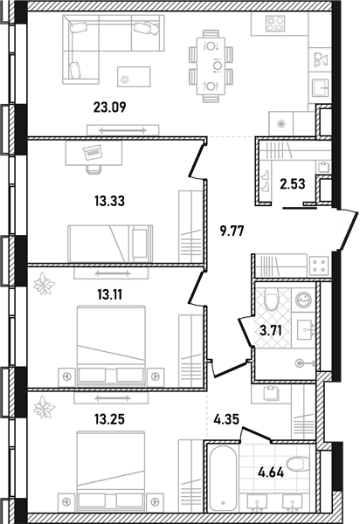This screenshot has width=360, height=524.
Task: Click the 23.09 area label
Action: (x=109, y=107)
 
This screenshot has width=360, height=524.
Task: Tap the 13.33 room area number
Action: (x=109, y=201)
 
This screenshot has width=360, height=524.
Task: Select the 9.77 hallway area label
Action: (x=232, y=231)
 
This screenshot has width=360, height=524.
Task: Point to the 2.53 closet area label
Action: (x=293, y=183)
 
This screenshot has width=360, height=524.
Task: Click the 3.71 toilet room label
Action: (x=271, y=331)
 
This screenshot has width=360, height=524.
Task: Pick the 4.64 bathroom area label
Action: (x=271, y=472)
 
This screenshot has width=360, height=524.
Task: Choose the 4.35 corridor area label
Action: (x=226, y=419)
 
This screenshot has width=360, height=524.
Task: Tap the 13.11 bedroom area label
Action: (x=109, y=295)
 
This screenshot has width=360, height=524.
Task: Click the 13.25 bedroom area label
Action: (x=109, y=419)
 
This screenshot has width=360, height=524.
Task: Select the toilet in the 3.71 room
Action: (x=272, y=299)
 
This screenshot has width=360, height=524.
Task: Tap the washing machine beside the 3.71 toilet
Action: (x=303, y=300)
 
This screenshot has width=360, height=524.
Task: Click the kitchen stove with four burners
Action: (x=275, y=24)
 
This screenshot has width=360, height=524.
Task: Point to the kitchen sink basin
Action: (x=321, y=88)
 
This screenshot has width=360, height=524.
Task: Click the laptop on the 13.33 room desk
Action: (x=92, y=152)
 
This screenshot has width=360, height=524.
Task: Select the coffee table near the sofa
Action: (x=134, y=77)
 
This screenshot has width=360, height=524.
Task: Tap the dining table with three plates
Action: (x=211, y=66)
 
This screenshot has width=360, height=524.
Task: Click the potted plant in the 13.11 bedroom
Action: (x=44, y=284)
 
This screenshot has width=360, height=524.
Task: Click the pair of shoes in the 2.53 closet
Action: (x=267, y=181)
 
